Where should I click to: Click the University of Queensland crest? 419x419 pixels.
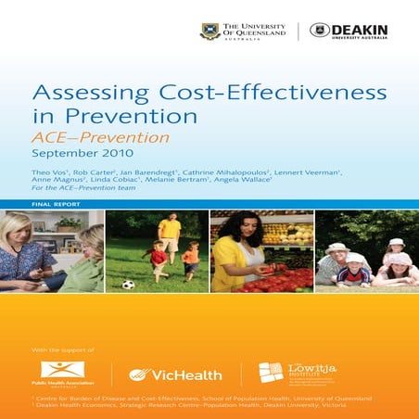point(210,32)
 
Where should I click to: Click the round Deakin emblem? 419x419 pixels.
point(320,31)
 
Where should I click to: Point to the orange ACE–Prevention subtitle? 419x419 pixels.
point(101,137)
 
